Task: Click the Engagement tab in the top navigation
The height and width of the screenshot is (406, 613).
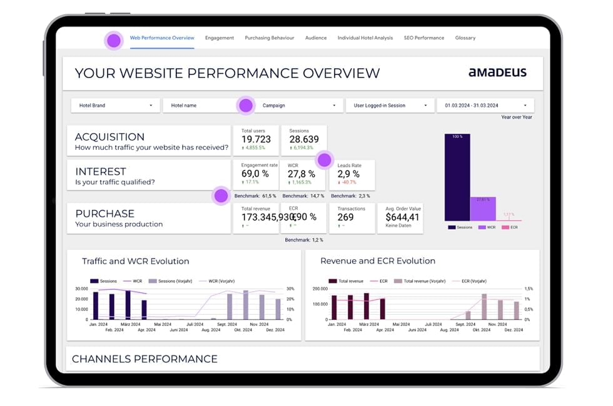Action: coord(219,38)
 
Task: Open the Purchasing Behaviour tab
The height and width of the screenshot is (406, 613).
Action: coord(269,38)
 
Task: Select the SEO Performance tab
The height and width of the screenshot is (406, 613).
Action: coord(423,38)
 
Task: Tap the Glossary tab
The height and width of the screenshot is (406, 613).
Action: coord(465,38)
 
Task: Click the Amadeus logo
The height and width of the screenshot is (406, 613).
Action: coord(497,72)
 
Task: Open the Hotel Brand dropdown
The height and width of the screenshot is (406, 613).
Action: coord(115,106)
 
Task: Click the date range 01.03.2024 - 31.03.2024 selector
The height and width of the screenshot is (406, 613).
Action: coord(485,106)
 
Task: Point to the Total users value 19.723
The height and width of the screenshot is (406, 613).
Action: coord(256,139)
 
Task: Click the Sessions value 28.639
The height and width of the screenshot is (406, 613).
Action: coord(304,139)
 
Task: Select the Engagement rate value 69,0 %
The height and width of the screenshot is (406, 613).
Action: coord(255,174)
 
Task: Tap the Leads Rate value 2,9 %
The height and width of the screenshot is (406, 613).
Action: coord(348,174)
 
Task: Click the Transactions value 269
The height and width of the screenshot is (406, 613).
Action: coord(345,217)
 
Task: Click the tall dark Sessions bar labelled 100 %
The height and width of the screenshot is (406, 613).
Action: coord(457,178)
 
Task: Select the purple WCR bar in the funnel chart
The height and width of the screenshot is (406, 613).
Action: coord(483,209)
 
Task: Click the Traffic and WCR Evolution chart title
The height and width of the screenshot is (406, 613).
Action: coord(135,261)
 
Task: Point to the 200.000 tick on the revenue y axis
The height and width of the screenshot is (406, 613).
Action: coord(320,289)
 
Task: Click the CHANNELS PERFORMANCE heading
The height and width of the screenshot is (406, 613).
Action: coord(144,359)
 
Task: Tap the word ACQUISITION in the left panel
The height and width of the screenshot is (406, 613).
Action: coord(109,137)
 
